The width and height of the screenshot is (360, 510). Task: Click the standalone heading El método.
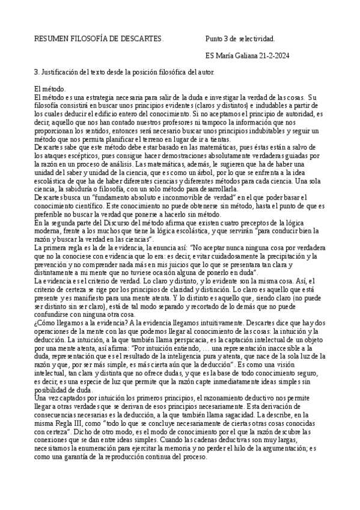pyautogui.click(x=50, y=89)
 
